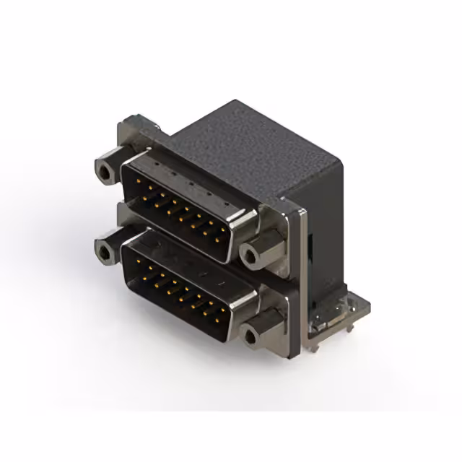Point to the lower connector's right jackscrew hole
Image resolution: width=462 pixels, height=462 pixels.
251,336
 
